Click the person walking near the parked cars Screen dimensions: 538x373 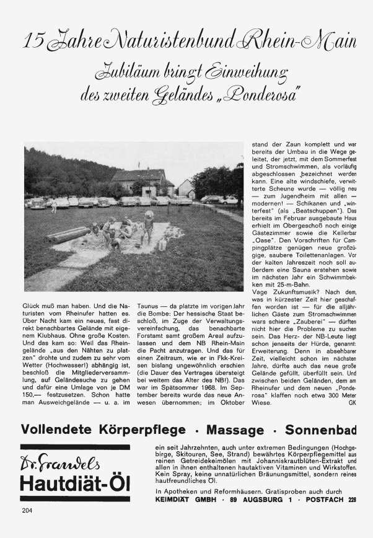tap(54, 204)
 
